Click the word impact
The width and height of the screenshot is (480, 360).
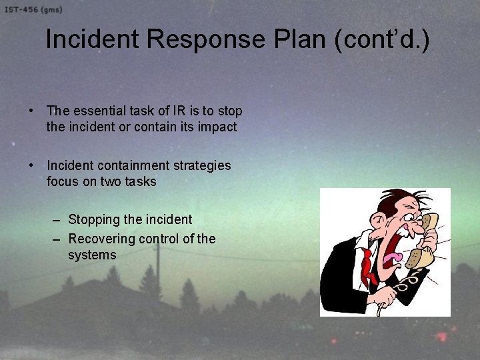pyautogui.click(x=217, y=127)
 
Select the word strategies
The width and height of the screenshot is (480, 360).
pyautogui.click(x=201, y=165)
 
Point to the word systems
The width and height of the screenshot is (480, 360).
pyautogui.click(x=92, y=255)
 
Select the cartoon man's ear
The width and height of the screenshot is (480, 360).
pyautogui.click(x=377, y=221)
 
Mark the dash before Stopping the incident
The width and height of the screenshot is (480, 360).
pyautogui.click(x=57, y=219)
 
